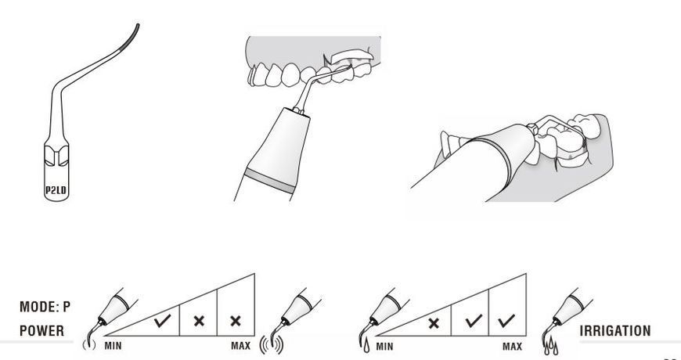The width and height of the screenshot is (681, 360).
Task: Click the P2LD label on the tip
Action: click(56, 189)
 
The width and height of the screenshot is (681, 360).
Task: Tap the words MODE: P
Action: click(45, 307)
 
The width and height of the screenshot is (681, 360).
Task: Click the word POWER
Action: click(41, 330)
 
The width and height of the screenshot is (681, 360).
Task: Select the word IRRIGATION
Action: click(615, 330)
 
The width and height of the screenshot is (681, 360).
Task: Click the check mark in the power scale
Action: click(163, 322)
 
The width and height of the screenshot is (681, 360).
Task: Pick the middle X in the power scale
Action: click(199, 322)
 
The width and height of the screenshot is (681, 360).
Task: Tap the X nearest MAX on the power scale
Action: click(236, 322)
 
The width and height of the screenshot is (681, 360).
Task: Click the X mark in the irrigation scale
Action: click(434, 322)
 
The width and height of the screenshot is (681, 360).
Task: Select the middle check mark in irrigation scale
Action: click(474, 321)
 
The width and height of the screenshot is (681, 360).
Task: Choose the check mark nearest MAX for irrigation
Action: click(507, 321)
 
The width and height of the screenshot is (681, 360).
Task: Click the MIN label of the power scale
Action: click(113, 346)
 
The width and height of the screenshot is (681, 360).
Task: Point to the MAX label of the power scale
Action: click(240, 346)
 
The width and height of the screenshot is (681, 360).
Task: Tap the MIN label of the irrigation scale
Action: click(384, 347)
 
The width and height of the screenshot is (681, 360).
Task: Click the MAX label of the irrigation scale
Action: click(512, 347)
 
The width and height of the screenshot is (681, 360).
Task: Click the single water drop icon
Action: click(367, 346)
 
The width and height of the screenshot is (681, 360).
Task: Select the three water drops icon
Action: click(551, 346)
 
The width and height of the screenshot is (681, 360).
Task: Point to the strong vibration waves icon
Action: click(272, 345)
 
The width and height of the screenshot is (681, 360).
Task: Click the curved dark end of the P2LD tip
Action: click(131, 38)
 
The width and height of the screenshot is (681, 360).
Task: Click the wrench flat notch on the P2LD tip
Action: click(56, 156)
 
